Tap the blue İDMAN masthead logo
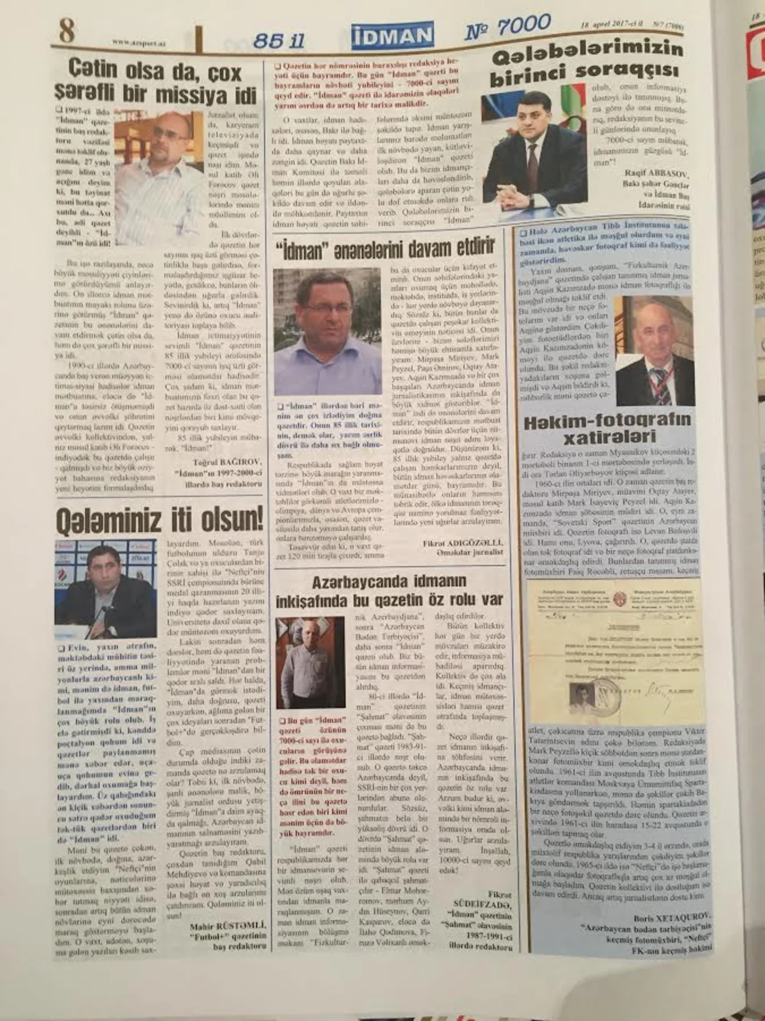(391, 36)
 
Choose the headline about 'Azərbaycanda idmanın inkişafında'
(390, 590)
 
